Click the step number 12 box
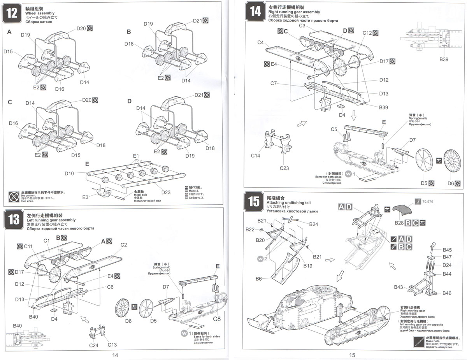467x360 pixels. tap(12, 13)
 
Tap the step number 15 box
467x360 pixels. tap(254, 202)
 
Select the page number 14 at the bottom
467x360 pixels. tap(115, 355)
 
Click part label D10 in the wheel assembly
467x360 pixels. tap(70, 173)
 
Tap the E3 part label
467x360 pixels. tap(86, 198)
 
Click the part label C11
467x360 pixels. tap(28, 246)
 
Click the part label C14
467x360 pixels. tap(255, 155)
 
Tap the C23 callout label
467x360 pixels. tap(284, 168)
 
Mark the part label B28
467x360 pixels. tap(399, 223)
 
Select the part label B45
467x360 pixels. tap(447, 250)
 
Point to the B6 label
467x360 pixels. tap(259, 279)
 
